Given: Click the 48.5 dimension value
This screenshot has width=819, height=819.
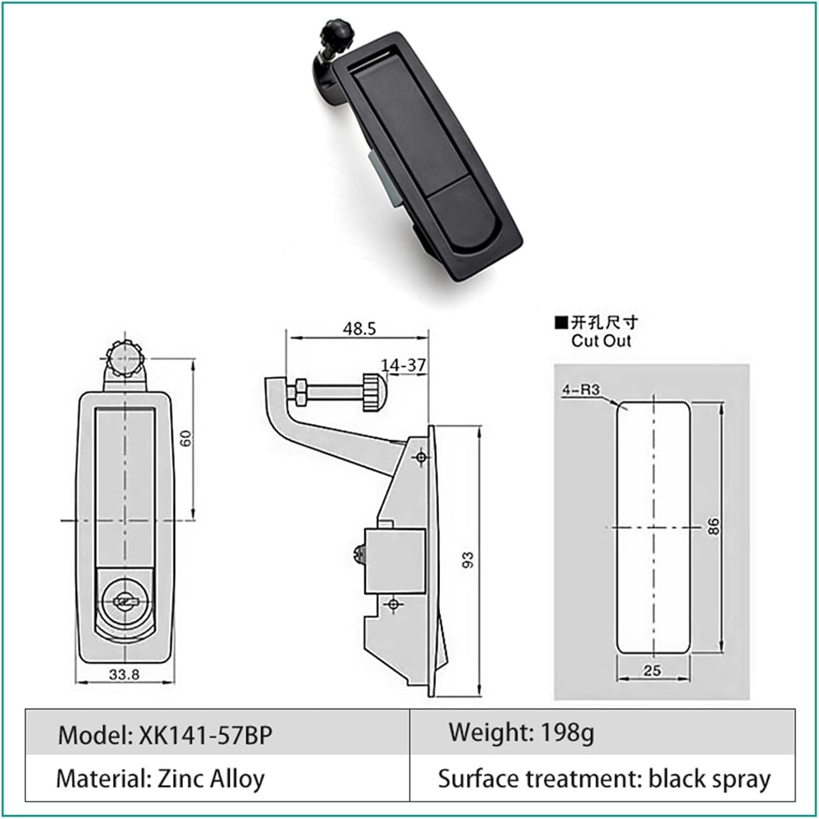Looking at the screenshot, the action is click(359, 329).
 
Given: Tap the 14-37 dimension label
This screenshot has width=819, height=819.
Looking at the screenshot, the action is click(403, 365).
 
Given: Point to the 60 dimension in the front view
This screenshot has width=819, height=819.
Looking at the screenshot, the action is click(187, 438).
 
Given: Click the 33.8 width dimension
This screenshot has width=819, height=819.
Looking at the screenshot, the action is click(124, 674).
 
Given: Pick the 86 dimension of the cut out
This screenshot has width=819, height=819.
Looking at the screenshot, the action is click(714, 526).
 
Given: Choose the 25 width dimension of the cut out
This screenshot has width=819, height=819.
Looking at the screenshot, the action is click(652, 670).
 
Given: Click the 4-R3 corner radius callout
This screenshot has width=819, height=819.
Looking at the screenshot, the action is click(581, 389).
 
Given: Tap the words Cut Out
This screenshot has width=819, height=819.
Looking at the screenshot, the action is click(601, 341).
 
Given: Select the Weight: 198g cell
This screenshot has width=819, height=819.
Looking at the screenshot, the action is click(521, 732).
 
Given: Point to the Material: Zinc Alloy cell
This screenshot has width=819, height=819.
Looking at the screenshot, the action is click(161, 779).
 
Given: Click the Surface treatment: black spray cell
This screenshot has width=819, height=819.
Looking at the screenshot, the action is click(604, 779).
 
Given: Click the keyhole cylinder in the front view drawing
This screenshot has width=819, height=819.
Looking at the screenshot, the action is click(124, 602).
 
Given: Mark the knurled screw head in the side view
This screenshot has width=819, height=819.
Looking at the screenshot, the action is click(373, 393).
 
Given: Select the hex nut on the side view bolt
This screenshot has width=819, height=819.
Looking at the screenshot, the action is click(300, 393).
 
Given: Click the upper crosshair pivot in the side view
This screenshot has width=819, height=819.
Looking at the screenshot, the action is click(421, 456).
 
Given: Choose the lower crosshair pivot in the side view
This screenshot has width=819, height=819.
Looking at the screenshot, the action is click(393, 604).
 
